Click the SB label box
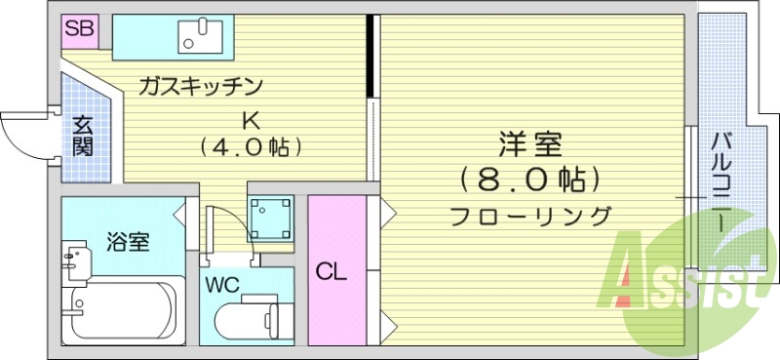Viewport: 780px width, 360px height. tap(78, 29)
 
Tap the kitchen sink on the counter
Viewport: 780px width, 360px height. tap(201, 37)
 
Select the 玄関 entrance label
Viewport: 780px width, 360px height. tap(83, 137)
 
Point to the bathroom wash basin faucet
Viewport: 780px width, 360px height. tap(71, 259)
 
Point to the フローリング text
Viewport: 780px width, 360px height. tap(530, 216)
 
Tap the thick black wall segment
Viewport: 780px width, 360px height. tap(370, 56)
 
